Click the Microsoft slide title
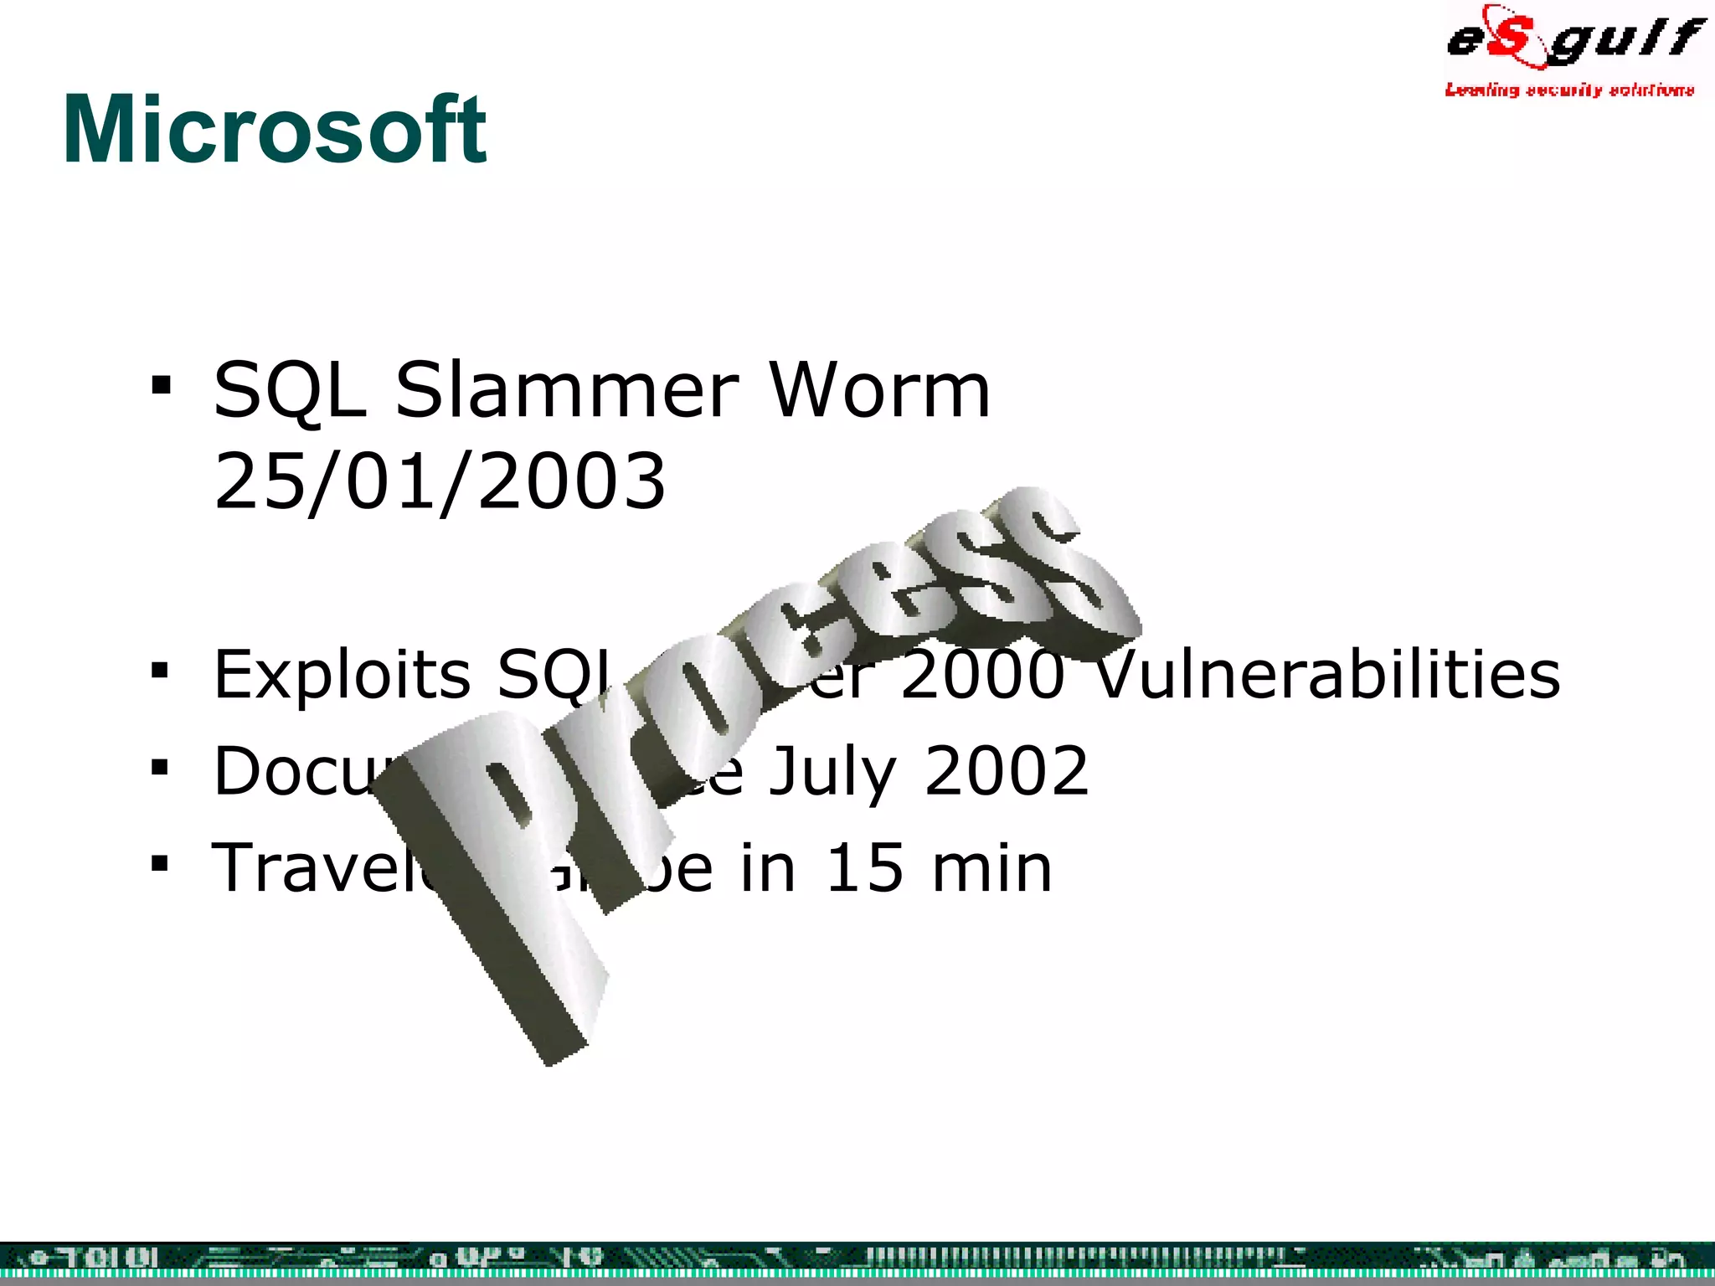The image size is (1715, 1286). click(275, 130)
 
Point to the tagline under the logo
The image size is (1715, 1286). click(1569, 90)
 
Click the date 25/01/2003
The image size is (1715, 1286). click(440, 481)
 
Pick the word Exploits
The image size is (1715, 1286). click(342, 674)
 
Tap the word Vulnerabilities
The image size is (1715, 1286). click(1327, 674)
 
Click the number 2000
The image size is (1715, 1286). click(981, 674)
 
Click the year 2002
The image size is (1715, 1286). click(1006, 771)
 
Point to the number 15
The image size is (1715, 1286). click(866, 868)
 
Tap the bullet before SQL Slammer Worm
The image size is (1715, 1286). click(161, 387)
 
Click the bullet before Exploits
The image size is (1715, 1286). click(161, 671)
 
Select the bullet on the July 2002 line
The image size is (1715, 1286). click(161, 768)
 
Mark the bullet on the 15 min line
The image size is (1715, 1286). click(161, 864)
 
